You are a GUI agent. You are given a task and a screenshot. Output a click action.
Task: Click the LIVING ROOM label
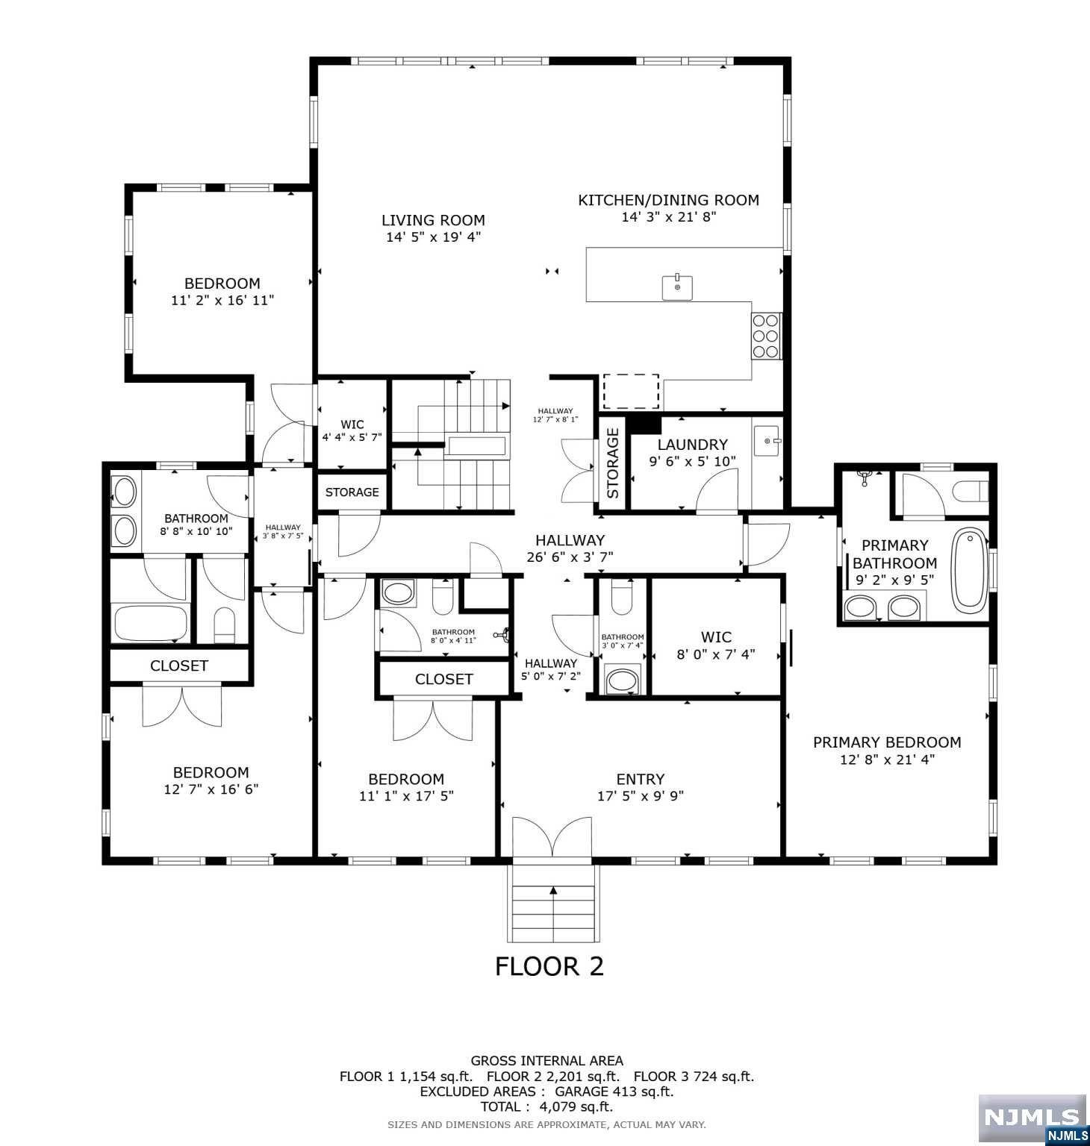point(433,220)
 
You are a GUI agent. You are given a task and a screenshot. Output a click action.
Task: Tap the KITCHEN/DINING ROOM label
point(668,200)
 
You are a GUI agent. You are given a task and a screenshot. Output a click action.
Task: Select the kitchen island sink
point(677,287)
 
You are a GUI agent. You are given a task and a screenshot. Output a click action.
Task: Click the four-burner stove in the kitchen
point(766,336)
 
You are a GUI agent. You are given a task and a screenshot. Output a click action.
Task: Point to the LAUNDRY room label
point(692,445)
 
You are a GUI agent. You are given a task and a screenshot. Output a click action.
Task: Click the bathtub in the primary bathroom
point(970,570)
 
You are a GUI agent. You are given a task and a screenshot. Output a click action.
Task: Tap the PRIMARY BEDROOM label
point(887,742)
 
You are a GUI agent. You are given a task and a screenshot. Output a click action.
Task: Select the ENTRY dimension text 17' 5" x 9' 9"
point(641,796)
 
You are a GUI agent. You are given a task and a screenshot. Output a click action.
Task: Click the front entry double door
point(552,837)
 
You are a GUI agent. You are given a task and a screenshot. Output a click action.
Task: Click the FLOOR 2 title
point(549,966)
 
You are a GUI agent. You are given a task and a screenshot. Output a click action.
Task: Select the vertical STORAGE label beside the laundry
point(613,463)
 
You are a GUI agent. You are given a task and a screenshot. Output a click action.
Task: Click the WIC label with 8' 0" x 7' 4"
point(716,637)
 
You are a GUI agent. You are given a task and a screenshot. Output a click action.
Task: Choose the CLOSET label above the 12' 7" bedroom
point(179,666)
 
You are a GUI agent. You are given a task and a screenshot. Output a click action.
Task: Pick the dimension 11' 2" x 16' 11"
point(222,301)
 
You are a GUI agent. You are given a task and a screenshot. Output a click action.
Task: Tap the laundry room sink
point(767,441)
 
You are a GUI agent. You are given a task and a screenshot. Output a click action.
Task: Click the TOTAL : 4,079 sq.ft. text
point(546,1107)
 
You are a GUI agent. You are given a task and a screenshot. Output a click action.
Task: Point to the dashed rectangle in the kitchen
point(631,392)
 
